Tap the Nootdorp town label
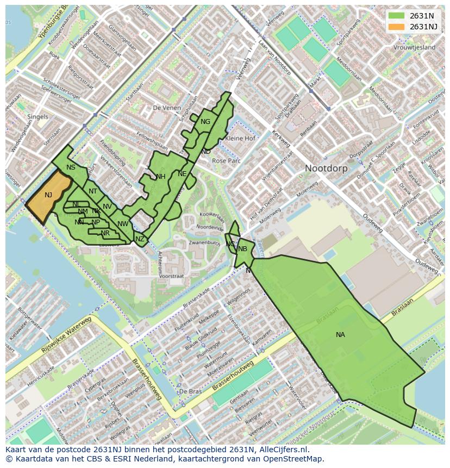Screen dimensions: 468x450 [x=326, y=169]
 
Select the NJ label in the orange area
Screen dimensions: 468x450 [x=48, y=195]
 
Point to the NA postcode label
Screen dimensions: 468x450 [x=340, y=335]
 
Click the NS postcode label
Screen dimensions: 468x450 [x=71, y=167]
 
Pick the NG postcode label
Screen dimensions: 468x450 [x=205, y=122]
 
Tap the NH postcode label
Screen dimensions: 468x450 [x=160, y=177]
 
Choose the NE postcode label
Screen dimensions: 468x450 [x=182, y=174]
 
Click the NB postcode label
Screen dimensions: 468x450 [x=242, y=249]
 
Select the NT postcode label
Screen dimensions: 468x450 [x=93, y=191]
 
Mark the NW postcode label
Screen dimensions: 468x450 [x=123, y=224]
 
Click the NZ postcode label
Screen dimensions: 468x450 [x=140, y=239]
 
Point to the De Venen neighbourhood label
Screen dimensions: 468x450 [x=166, y=108]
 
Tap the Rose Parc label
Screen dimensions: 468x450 [x=226, y=161]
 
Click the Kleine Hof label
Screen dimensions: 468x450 [x=240, y=139]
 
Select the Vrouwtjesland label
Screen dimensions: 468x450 [x=415, y=48]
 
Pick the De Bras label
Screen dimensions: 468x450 [x=190, y=391]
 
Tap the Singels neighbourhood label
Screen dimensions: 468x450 [x=37, y=117]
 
